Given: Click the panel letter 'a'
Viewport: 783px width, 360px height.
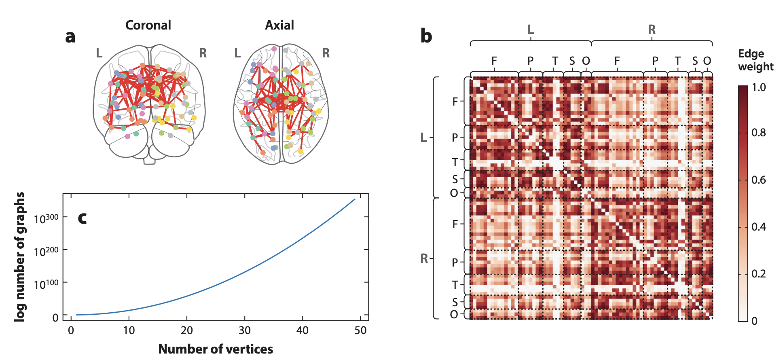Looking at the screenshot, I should (70, 37).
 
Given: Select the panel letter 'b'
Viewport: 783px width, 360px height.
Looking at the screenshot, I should (426, 36).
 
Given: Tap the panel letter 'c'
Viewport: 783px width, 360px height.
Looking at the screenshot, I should (82, 218).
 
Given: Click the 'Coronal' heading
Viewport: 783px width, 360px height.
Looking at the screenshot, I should (148, 25).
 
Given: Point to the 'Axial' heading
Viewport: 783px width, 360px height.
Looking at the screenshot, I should (279, 25).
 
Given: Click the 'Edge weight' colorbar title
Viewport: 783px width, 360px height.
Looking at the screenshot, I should (755, 60).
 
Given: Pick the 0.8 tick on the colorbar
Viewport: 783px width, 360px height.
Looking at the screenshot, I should (758, 133).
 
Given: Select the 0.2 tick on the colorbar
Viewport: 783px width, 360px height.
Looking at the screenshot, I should (758, 274).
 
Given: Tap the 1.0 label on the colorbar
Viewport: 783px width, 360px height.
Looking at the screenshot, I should (758, 87).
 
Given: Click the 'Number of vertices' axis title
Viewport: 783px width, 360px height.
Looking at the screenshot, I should (216, 349).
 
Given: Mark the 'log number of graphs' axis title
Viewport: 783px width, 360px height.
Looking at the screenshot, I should (19, 257).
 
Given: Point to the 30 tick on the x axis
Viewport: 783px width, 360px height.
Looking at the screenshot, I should (245, 330).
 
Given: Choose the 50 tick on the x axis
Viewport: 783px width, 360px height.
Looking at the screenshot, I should (360, 330).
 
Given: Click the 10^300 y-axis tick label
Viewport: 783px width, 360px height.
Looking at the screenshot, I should (46, 219).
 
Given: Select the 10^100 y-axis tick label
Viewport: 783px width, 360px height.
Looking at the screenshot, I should (46, 284).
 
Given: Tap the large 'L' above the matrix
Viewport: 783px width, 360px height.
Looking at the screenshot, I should (531, 30).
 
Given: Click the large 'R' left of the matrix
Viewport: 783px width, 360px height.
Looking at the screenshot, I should (424, 258).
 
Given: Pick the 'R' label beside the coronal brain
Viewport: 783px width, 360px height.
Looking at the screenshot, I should (203, 53).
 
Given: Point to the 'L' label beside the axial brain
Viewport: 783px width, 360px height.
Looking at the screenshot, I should (237, 53).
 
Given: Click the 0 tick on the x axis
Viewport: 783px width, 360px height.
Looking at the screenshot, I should (71, 330).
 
